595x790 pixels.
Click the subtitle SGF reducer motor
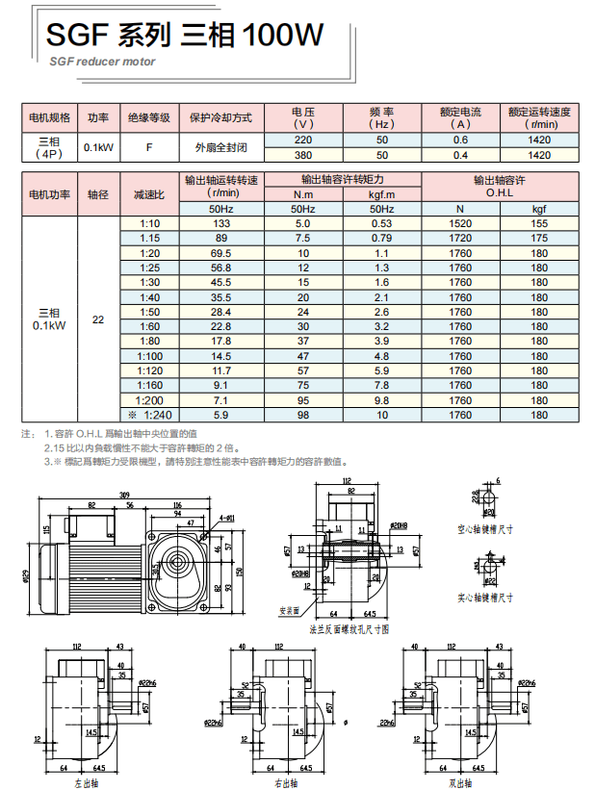pos(101,61)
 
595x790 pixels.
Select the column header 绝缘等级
pos(149,117)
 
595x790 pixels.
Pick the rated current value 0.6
pos(460,140)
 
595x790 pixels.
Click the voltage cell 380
pos(303,155)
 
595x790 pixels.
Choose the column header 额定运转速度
pos(539,117)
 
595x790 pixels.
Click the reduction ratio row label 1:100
pos(149,356)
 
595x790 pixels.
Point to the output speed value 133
pos(221,223)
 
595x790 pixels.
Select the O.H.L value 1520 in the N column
pos(460,223)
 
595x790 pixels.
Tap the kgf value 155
pos(539,223)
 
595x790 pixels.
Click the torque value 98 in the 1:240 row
pos(303,415)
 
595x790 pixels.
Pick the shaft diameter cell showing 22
pos(98,319)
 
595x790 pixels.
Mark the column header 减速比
pos(149,194)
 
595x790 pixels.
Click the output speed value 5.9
pos(221,415)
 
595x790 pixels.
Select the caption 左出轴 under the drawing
pos(86,783)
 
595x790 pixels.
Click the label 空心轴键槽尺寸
pos(488,528)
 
